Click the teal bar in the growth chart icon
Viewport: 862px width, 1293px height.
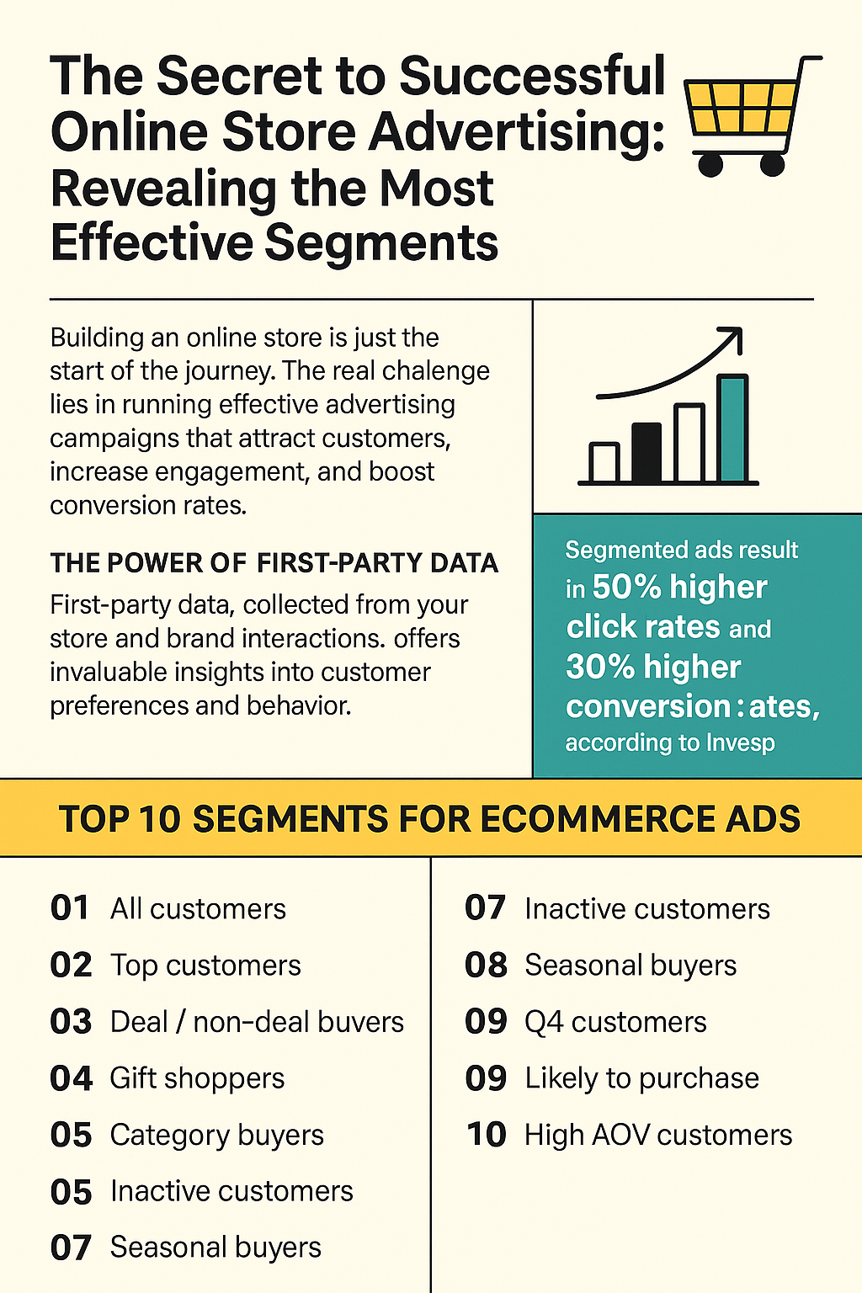pos(733,428)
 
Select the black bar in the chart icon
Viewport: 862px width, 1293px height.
pos(646,453)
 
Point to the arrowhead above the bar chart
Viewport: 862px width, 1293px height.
pos(732,338)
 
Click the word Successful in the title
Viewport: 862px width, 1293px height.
pos(532,77)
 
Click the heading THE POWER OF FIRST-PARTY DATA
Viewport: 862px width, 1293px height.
pos(274,563)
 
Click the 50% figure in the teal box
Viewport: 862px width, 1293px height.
pos(626,588)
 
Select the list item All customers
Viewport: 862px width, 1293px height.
pos(198,908)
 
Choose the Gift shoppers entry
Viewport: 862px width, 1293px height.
pos(198,1079)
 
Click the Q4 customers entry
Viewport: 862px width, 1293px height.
pos(615,1022)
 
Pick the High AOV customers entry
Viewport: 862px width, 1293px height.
pos(658,1135)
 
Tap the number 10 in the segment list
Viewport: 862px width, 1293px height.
pos(487,1135)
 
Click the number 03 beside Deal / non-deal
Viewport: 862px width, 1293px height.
pos(71,1022)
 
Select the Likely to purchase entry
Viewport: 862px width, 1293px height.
pos(642,1079)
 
